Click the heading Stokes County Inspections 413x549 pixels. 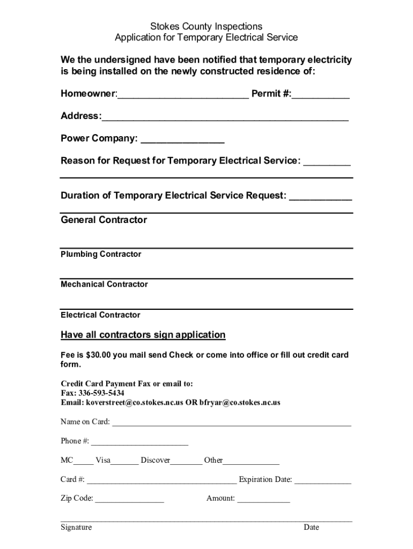click(206, 26)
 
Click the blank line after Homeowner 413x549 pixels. click(183, 95)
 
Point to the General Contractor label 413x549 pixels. click(104, 220)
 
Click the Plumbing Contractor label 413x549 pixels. click(101, 254)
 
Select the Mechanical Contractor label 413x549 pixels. click(104, 284)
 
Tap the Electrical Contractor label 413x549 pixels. click(100, 315)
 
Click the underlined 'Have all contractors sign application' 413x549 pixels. click(143, 335)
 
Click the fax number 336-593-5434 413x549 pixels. click(101, 393)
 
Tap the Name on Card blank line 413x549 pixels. click(231, 423)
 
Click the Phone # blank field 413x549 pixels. click(139, 442)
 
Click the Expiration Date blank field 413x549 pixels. click(322, 481)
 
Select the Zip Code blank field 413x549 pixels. click(129, 500)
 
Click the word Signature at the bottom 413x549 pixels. click(76, 527)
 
